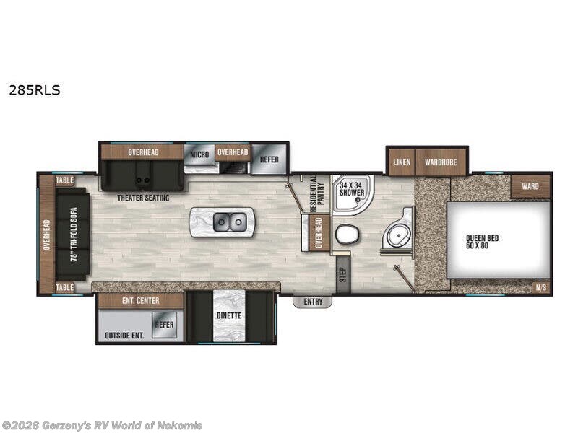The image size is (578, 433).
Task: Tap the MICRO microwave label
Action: click(x=199, y=154)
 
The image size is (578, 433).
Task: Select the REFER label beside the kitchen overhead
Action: click(x=269, y=159)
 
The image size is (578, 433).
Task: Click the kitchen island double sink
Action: click(x=230, y=222)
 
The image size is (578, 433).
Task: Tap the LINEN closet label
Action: click(x=402, y=162)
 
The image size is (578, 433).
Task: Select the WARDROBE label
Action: click(x=439, y=162)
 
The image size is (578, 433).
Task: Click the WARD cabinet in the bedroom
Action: click(x=530, y=187)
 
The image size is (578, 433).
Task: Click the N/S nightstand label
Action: click(x=540, y=287)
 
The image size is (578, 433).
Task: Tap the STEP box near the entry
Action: click(x=342, y=275)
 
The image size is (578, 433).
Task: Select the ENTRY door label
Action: click(x=313, y=302)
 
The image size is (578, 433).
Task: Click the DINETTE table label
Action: click(x=229, y=315)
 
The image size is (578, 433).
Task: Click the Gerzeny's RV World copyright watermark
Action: click(x=102, y=425)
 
